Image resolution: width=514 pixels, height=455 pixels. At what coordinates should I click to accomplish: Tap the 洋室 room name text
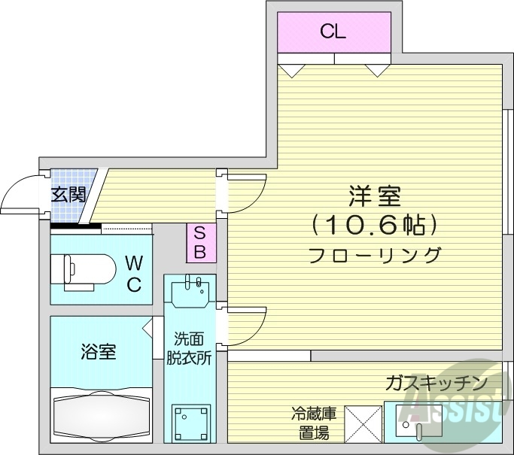374,197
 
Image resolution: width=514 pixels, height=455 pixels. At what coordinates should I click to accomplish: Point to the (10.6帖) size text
374,224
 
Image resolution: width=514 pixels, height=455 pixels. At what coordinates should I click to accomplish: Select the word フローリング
374,254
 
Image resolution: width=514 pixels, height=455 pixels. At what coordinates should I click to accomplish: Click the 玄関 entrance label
68,195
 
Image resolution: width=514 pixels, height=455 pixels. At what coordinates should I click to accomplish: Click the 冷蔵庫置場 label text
311,423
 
